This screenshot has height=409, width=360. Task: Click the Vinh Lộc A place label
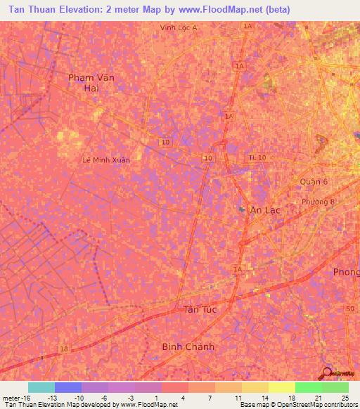click(x=179, y=27)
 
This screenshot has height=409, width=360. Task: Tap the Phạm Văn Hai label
click(x=91, y=82)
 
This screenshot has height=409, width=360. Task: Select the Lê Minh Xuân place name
click(x=106, y=160)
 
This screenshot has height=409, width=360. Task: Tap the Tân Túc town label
click(x=200, y=309)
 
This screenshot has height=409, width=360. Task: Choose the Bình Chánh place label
click(x=188, y=346)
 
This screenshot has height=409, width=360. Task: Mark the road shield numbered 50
click(x=349, y=309)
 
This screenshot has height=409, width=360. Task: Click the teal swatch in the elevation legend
click(x=41, y=387)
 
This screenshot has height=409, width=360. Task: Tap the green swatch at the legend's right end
click(x=335, y=387)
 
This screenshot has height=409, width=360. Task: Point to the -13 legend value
click(x=52, y=398)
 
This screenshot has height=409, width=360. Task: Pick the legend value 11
click(x=239, y=398)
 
